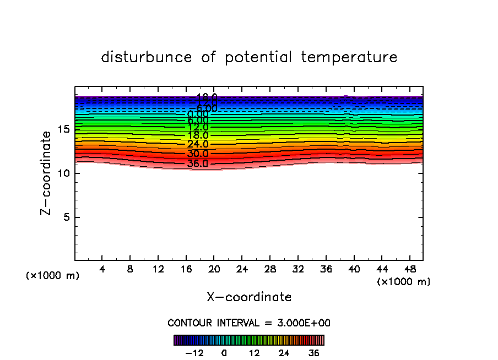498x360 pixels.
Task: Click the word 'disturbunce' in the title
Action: [147, 57]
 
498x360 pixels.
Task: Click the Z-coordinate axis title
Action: [48, 173]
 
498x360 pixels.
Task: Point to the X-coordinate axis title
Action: [249, 297]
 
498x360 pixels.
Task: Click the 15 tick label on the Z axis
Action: [62, 129]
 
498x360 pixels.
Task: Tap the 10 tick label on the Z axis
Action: [62, 173]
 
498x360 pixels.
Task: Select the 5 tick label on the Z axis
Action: [66, 217]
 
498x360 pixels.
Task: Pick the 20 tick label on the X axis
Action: [214, 270]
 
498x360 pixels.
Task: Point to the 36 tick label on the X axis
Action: [326, 270]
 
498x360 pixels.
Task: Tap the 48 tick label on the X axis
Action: [409, 270]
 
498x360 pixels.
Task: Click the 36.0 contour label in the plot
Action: [197, 163]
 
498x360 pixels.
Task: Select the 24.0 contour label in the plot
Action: [197, 144]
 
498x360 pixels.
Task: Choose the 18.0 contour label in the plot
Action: [197, 135]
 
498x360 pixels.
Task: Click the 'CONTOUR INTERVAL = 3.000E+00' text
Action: [248, 323]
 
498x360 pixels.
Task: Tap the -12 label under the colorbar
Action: [194, 353]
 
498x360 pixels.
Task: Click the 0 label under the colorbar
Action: [224, 353]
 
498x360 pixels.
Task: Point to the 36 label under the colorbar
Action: [314, 353]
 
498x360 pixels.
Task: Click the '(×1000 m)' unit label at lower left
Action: [53, 276]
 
